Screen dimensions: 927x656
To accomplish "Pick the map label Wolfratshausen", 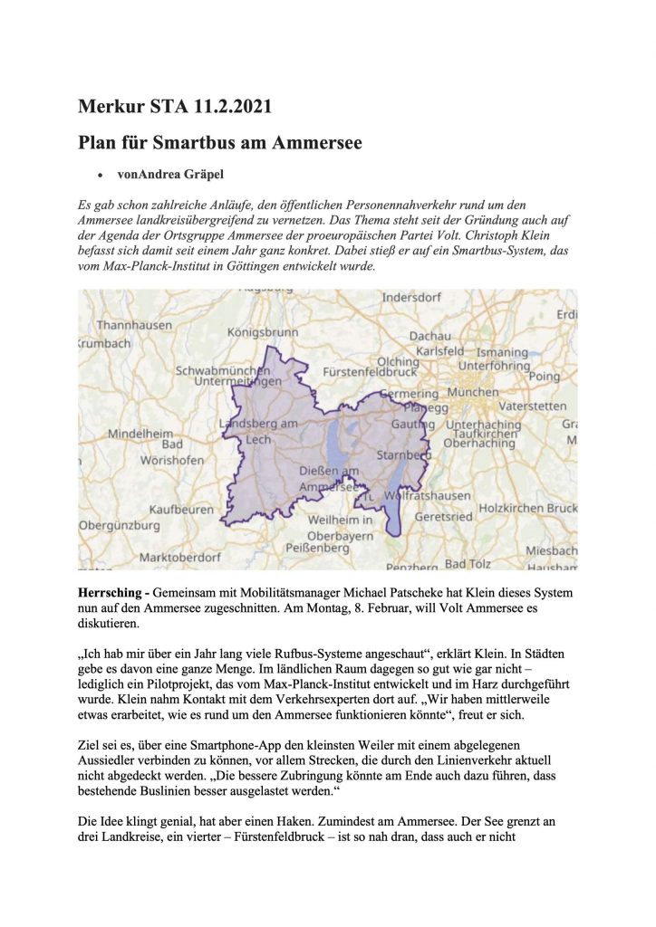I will point(428,496).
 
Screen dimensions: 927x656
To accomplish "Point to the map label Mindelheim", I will point(140,434).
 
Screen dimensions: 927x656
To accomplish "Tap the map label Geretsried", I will point(443,517).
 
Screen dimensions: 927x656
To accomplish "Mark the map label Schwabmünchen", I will point(222,371).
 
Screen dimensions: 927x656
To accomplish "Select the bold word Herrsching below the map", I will point(111,589).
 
